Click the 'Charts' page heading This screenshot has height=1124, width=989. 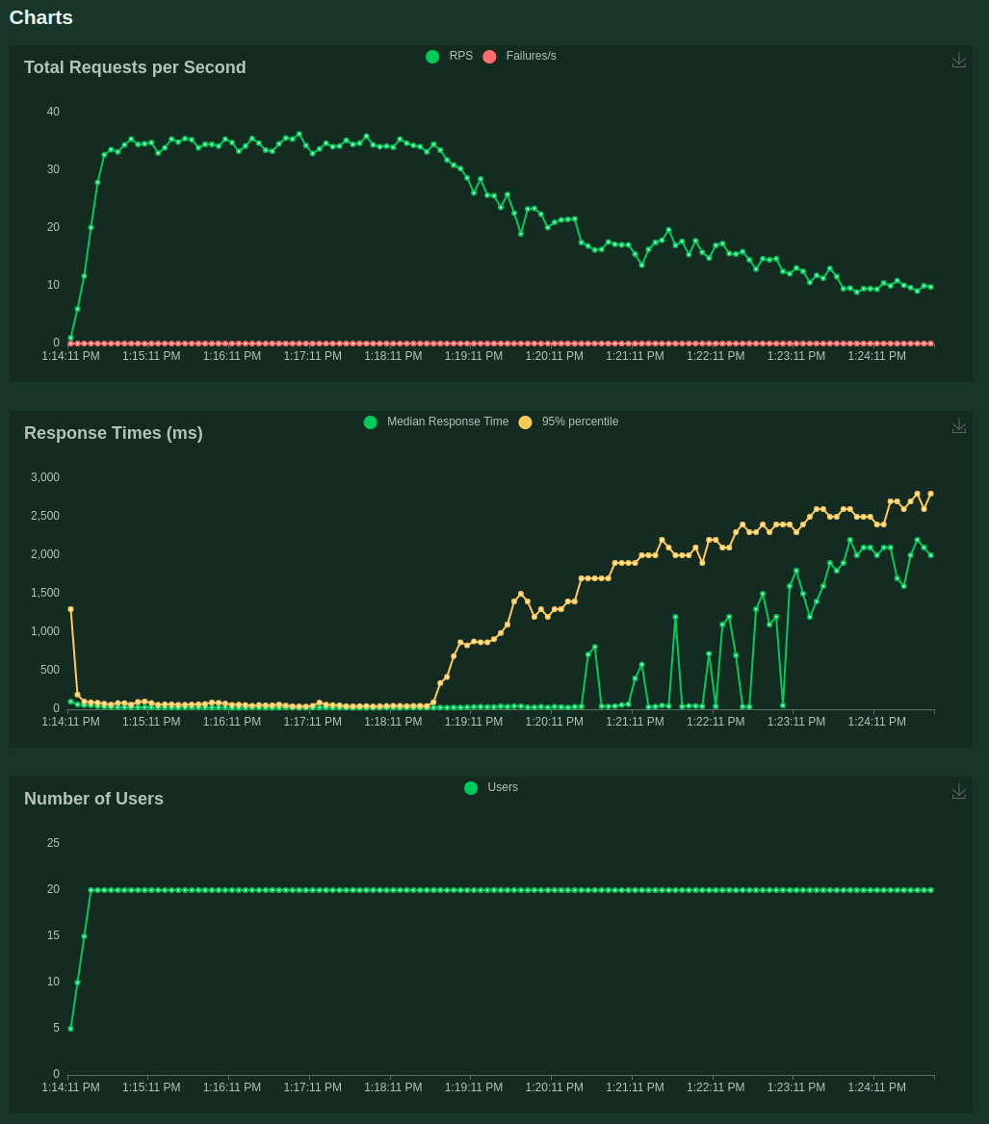[41, 17]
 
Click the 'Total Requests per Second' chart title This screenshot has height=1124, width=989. [135, 67]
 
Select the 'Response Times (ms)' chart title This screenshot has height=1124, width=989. [114, 433]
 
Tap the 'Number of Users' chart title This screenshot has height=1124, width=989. [93, 799]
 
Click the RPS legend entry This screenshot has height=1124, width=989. [450, 56]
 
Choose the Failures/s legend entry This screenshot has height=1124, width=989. [520, 56]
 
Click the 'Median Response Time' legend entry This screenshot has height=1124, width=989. [437, 421]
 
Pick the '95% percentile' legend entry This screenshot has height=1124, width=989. [569, 421]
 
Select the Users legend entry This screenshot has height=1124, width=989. [491, 787]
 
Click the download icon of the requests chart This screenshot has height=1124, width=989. [959, 60]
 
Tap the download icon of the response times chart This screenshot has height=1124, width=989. [959, 425]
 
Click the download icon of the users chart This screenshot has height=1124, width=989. [959, 791]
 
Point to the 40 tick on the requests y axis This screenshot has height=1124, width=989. [53, 112]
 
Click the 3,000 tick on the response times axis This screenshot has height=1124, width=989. [45, 477]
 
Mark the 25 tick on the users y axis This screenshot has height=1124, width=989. [53, 843]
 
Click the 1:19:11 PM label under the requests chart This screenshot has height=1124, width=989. [474, 356]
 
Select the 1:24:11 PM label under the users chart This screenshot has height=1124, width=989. [876, 1087]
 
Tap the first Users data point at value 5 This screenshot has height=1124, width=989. [70, 1029]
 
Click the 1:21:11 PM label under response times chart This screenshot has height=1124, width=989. [635, 722]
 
